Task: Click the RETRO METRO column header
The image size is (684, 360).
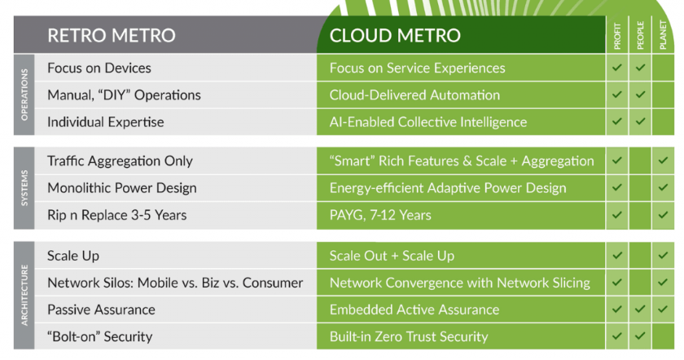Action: [x=112, y=35]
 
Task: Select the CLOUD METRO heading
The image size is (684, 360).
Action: [x=395, y=35]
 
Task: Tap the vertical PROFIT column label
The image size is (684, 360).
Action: [x=617, y=37]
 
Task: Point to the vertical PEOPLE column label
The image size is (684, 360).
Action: [x=640, y=36]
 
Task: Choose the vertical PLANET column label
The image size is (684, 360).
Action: [x=663, y=35]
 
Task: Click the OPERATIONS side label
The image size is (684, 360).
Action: [x=24, y=94]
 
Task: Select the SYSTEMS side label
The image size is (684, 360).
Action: [x=24, y=188]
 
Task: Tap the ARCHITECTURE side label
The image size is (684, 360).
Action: [x=24, y=295]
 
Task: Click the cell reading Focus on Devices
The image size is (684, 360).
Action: [x=99, y=68]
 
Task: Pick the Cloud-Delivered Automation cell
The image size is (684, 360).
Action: [x=414, y=95]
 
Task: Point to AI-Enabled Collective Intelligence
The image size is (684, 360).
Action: [x=428, y=122]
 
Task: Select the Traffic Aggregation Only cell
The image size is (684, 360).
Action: [x=120, y=161]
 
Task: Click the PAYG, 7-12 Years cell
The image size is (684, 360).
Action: [x=380, y=215]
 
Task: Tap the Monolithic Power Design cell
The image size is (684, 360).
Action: [x=122, y=188]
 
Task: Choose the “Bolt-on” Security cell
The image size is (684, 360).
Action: [x=100, y=337]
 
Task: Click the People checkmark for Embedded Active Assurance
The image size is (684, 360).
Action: [x=640, y=309]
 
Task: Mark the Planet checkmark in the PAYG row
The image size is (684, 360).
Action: [x=663, y=215]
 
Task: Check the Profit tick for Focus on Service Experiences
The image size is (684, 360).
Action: [x=617, y=68]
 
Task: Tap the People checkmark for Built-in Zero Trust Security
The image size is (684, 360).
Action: [x=640, y=336]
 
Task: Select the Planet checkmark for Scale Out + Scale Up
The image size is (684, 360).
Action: [x=663, y=255]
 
